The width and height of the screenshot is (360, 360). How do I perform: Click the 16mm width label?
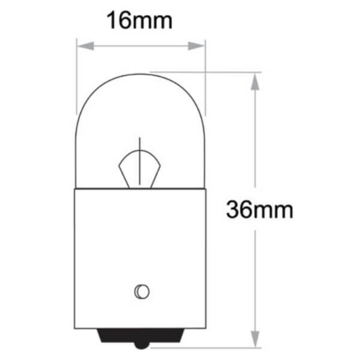139,21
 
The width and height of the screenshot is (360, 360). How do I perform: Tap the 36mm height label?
260,210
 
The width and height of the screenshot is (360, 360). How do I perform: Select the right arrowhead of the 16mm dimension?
196,46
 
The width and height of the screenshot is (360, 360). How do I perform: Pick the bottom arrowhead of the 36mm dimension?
255,339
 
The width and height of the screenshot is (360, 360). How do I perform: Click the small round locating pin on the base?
140,292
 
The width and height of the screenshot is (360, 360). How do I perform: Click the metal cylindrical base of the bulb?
140,252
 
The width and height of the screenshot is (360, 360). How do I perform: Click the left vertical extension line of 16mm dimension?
76,76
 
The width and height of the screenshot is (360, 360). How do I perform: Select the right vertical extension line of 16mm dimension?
205,76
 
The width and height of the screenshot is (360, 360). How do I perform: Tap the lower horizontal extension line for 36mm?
202,347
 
